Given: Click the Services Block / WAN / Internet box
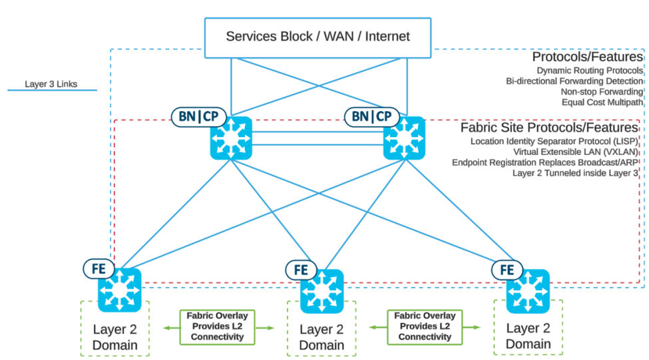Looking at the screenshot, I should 318,37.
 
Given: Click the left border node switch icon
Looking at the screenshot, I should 231,138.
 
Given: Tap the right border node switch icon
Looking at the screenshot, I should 405,138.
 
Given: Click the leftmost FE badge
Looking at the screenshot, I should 99,269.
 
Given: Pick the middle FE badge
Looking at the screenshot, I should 301,270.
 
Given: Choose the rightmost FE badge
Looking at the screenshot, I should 507,270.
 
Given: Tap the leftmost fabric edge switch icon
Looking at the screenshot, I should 120,291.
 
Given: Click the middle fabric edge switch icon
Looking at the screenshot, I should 322,291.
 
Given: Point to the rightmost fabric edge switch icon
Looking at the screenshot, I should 528,291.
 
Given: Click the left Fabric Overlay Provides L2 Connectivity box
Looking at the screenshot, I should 218,326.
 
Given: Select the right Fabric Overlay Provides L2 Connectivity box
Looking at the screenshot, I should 425,326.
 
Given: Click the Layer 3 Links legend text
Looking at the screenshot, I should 51,84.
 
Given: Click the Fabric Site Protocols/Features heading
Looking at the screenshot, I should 549,128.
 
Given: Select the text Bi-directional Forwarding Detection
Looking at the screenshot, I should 574,81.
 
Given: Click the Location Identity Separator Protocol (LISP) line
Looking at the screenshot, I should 554,141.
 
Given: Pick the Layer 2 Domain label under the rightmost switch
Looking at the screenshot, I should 529,336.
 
